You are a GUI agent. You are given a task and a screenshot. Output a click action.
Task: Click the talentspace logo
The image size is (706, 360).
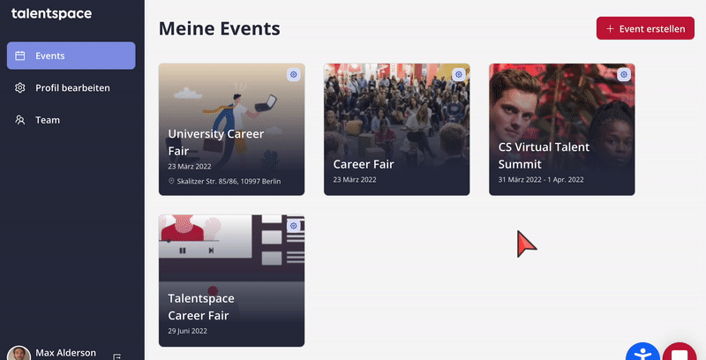[x=51, y=14]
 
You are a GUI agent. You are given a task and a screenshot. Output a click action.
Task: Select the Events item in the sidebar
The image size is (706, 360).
[x=71, y=56]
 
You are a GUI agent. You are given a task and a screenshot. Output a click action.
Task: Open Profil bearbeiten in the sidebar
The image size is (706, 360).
[x=72, y=87]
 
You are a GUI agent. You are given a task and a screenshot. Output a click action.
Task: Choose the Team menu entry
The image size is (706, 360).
[x=48, y=120]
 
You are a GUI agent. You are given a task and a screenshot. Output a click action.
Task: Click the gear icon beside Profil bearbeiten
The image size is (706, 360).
[x=19, y=87]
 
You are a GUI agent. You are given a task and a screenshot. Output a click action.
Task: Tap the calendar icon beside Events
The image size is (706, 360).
[x=19, y=56]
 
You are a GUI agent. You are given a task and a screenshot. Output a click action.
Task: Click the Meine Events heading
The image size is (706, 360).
[x=219, y=29]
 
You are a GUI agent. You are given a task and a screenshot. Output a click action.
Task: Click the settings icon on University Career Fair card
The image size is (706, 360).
[x=294, y=74]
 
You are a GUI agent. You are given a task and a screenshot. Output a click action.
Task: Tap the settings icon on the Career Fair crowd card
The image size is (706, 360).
[x=459, y=74]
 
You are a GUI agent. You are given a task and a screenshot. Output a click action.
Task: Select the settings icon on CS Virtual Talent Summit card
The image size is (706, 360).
[x=624, y=74]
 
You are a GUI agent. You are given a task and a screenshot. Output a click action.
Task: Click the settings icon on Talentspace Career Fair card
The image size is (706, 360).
[x=294, y=226]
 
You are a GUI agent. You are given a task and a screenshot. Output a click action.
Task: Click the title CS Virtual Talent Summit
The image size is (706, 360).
[x=544, y=155]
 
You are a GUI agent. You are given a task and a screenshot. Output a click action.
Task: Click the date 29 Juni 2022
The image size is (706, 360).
[x=187, y=331]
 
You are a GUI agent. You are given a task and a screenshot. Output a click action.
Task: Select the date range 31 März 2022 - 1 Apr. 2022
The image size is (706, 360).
[x=541, y=179]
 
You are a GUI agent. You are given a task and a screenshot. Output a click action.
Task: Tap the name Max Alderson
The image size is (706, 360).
[x=65, y=353]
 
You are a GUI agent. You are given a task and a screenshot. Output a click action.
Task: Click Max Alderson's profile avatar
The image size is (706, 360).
[x=19, y=354]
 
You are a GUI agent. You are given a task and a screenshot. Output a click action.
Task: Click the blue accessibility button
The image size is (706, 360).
[x=642, y=352]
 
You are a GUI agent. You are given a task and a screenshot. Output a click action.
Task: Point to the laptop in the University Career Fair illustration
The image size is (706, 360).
[x=266, y=103]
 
